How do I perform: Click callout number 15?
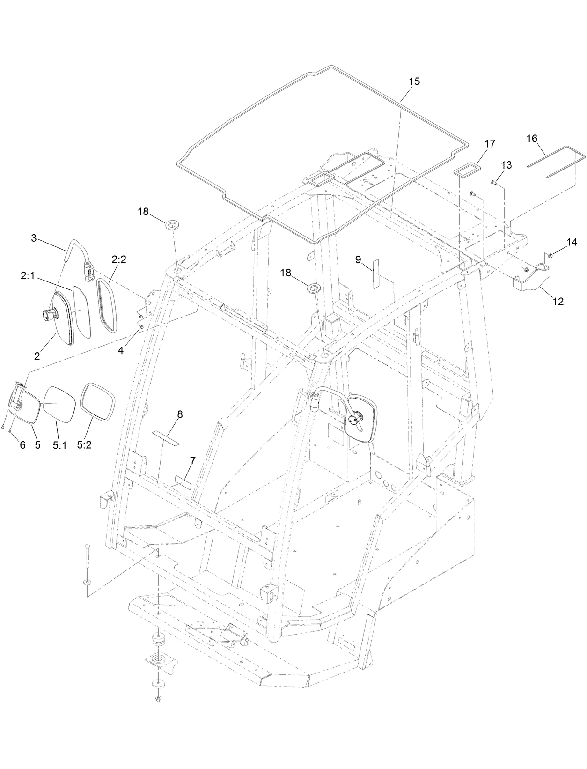[x=414, y=81]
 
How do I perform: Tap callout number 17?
[x=490, y=144]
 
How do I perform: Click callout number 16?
[x=532, y=139]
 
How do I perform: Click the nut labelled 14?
[x=551, y=255]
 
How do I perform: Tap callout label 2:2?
[x=119, y=260]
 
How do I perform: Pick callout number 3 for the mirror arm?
[x=34, y=238]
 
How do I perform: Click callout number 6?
[x=22, y=445]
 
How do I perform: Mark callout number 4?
[x=121, y=350]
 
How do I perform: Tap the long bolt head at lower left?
[x=88, y=547]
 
